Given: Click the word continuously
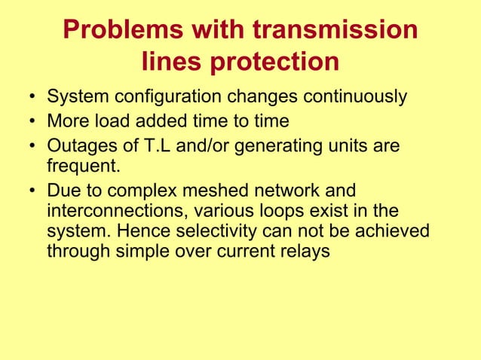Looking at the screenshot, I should click(354, 98).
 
